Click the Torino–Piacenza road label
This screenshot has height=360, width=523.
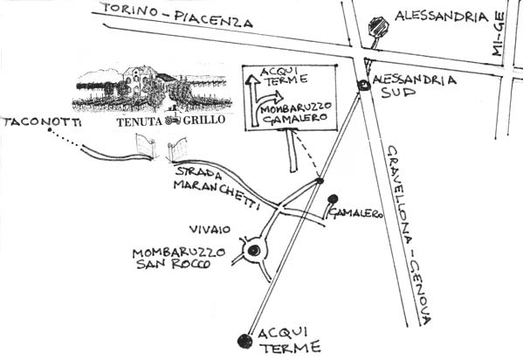[177, 16]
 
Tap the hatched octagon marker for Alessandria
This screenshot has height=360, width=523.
[379, 26]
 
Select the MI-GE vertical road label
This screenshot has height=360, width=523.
[498, 34]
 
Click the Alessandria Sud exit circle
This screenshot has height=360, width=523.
[363, 86]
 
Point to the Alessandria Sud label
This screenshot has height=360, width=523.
[415, 86]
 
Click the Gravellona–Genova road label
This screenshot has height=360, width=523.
[409, 235]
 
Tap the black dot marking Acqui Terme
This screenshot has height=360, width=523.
[245, 342]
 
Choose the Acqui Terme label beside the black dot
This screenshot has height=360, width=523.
[289, 340]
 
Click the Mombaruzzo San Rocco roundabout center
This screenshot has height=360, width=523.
[254, 250]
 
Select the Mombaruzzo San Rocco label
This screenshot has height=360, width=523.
[178, 258]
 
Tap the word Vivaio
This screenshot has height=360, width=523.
[210, 230]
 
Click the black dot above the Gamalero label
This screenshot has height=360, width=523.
[333, 199]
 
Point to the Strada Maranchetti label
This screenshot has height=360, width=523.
[217, 188]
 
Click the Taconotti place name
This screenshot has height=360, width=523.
[42, 122]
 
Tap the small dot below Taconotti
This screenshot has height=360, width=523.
[50, 129]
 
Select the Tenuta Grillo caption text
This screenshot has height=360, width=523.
[171, 121]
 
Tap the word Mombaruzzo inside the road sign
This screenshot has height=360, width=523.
[296, 108]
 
